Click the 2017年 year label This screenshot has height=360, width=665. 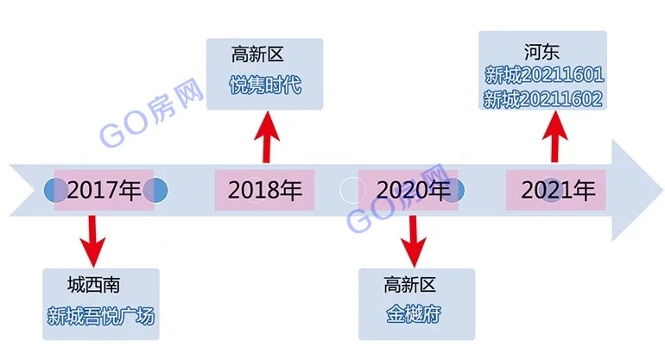pyautogui.click(x=104, y=190)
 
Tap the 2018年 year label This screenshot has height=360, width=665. pyautogui.click(x=265, y=190)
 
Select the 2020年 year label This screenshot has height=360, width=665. pyautogui.click(x=414, y=190)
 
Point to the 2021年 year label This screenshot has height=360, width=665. pyautogui.click(x=558, y=190)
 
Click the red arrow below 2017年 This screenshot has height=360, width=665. pyautogui.click(x=93, y=241)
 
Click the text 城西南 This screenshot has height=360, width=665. pyautogui.click(x=93, y=285)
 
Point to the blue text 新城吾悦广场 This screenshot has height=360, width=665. pyautogui.click(x=101, y=316)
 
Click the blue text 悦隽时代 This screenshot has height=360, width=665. pyautogui.click(x=265, y=85)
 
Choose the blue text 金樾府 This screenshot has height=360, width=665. pyautogui.click(x=414, y=314)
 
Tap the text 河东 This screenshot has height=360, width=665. pyautogui.click(x=541, y=52)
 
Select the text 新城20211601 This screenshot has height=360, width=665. pyautogui.click(x=544, y=75)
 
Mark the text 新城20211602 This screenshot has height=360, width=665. pyautogui.click(x=543, y=99)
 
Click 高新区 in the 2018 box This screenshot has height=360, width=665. pyautogui.click(x=257, y=54)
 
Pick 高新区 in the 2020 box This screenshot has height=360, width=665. pyautogui.click(x=409, y=285)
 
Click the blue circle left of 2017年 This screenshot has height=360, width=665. pyautogui.click(x=54, y=190)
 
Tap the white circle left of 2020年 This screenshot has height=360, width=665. pyautogui.click(x=352, y=190)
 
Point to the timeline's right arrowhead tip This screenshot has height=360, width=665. pyautogui.click(x=663, y=190)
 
